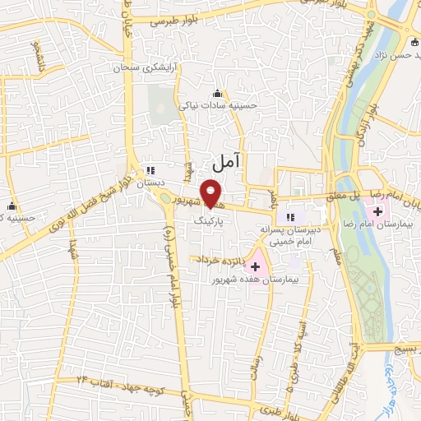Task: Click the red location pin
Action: [x=212, y=192]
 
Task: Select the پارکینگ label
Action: [x=208, y=222]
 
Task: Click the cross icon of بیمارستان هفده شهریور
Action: [x=255, y=266]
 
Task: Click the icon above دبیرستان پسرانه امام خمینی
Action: [x=289, y=217]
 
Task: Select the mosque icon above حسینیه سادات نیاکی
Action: [x=217, y=93]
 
